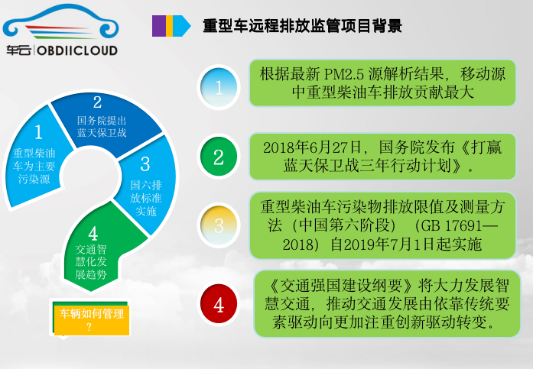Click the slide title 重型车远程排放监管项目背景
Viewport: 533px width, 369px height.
pos(302,26)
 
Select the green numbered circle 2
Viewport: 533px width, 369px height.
pos(219,157)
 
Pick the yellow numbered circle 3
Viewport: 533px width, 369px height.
pos(219,225)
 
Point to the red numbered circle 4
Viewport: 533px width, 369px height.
pos(219,304)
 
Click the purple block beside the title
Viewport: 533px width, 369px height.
pos(158,26)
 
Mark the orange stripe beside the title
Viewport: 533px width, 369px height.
pos(169,26)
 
